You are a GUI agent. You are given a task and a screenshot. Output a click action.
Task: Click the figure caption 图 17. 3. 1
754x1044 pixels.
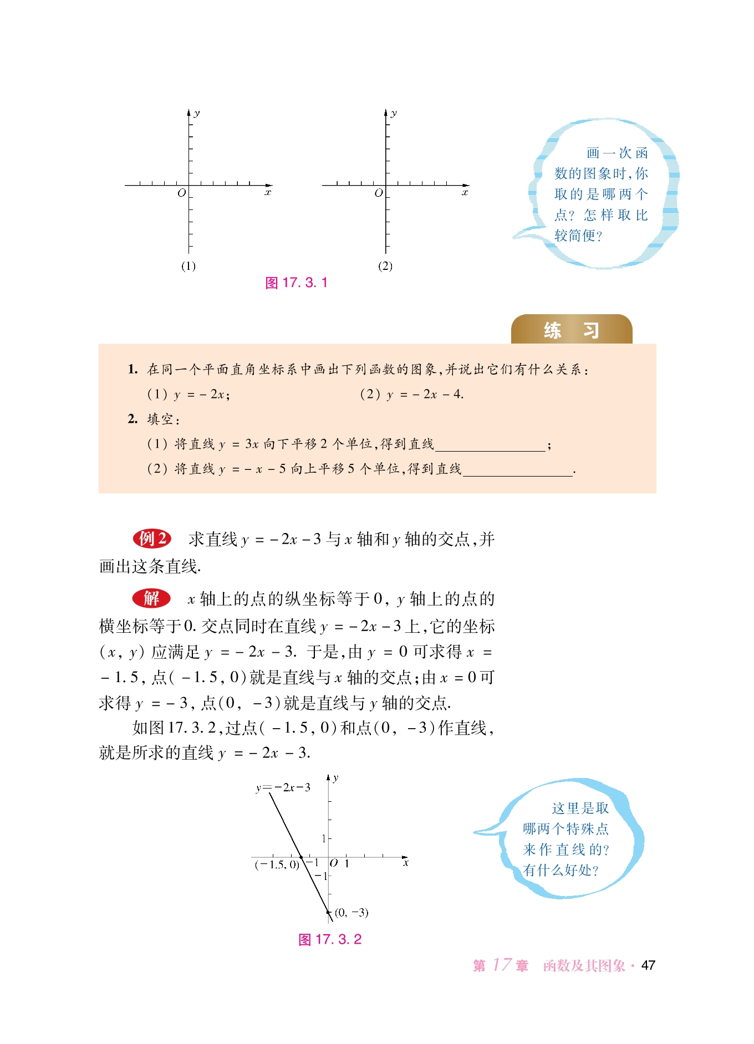[297, 283]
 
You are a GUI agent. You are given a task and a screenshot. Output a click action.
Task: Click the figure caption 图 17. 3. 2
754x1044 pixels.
[330, 939]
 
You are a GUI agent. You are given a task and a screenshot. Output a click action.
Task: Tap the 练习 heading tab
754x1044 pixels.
[571, 330]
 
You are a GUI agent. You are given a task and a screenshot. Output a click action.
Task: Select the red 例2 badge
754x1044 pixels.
[152, 538]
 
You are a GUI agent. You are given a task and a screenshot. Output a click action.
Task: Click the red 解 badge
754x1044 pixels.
[151, 598]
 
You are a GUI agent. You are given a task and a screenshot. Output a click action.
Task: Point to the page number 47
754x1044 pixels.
[648, 965]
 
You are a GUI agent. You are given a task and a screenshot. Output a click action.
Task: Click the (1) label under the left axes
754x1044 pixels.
[188, 266]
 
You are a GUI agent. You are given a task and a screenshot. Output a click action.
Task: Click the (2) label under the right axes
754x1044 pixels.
[385, 266]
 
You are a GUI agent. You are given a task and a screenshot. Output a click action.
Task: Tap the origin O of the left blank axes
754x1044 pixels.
[181, 193]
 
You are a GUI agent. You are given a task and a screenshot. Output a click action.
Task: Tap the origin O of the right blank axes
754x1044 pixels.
[379, 193]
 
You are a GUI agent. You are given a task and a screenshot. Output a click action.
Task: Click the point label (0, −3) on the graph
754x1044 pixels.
[351, 912]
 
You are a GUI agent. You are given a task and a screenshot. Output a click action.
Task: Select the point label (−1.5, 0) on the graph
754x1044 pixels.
[277, 864]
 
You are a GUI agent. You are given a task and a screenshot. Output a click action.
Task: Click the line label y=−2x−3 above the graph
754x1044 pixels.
[283, 787]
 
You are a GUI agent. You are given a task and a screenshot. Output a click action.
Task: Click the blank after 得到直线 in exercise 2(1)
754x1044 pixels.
[490, 446]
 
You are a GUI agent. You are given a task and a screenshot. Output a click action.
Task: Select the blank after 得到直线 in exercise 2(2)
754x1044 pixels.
[517, 470]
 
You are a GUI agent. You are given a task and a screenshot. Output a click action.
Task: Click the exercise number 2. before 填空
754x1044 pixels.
[133, 419]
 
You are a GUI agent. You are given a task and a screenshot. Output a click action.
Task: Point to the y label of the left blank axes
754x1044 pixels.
[197, 114]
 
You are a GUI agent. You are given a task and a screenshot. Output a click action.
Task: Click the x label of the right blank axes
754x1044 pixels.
[465, 193]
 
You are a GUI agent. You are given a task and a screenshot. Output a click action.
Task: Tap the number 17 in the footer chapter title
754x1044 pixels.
[502, 965]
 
